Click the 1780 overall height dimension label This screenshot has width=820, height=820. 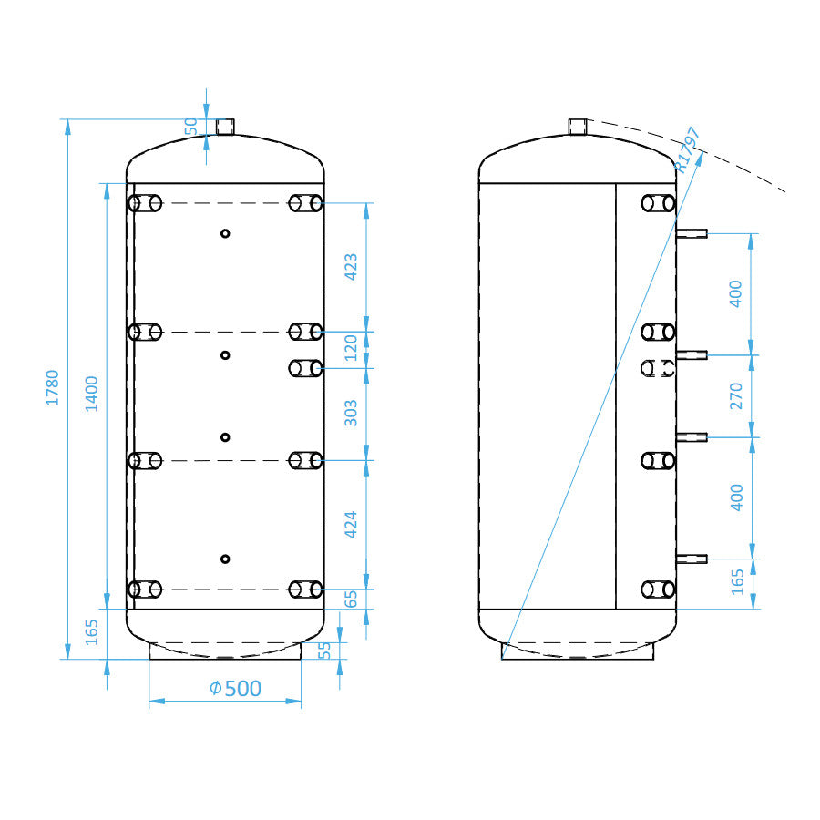tap(53, 387)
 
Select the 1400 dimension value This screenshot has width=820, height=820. tap(91, 394)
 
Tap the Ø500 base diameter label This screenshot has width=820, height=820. tap(235, 688)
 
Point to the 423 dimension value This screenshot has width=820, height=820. tap(351, 267)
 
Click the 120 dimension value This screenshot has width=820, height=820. tap(351, 348)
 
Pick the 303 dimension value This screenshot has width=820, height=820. tap(351, 413)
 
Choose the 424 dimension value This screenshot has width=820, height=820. tap(351, 525)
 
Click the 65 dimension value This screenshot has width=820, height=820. tap(351, 600)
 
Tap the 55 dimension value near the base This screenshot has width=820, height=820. tap(324, 650)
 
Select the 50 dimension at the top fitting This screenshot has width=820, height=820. tap(191, 126)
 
